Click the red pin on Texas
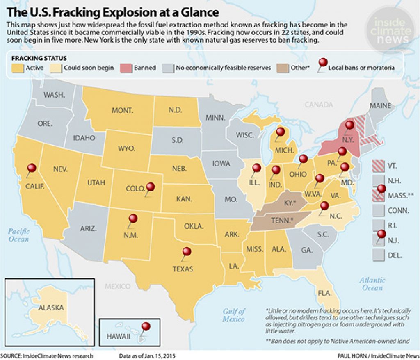click(187, 252)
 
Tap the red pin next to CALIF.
click(32, 169)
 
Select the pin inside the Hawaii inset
click(146, 327)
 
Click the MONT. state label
click(122, 110)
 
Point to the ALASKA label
click(51, 308)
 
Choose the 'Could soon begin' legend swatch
click(56, 68)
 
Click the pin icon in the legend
click(324, 64)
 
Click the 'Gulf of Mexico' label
click(234, 314)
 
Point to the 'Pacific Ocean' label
click(18, 235)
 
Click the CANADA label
click(319, 105)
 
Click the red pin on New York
click(349, 125)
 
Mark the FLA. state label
click(324, 293)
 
